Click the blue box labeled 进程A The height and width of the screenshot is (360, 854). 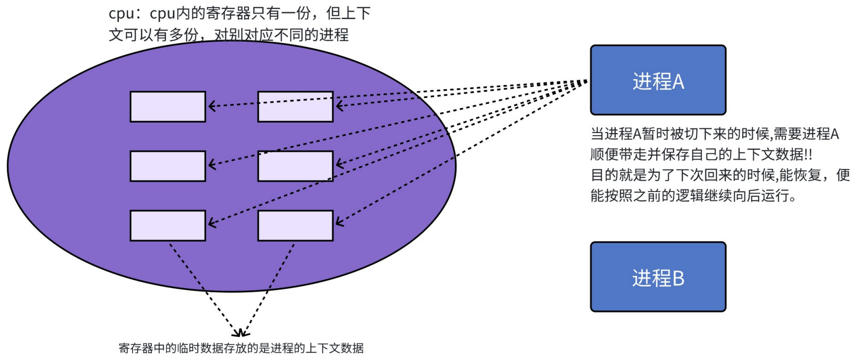tap(658, 80)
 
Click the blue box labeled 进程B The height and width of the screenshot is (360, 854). tap(658, 277)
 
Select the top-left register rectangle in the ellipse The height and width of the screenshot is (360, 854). tap(167, 106)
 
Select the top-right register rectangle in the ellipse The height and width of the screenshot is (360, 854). tap(295, 106)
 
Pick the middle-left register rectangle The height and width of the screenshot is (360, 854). tap(167, 166)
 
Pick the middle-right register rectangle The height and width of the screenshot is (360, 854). tap(295, 166)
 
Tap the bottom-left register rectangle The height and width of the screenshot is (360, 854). tap(167, 225)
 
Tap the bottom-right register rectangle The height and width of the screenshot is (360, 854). tap(295, 225)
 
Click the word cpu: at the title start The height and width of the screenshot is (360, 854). tap(122, 14)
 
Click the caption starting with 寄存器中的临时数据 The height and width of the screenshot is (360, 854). tap(241, 348)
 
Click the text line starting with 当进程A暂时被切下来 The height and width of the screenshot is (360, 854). tap(714, 134)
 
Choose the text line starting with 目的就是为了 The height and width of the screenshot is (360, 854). tap(720, 175)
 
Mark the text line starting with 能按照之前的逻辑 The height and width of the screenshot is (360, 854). tap(693, 196)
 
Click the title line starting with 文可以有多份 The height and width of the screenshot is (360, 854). tap(228, 35)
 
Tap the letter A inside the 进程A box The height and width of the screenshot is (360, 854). tap(678, 82)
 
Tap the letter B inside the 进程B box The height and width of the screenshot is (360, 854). tap(678, 279)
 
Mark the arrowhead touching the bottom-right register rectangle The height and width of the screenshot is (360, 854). tap(339, 222)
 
